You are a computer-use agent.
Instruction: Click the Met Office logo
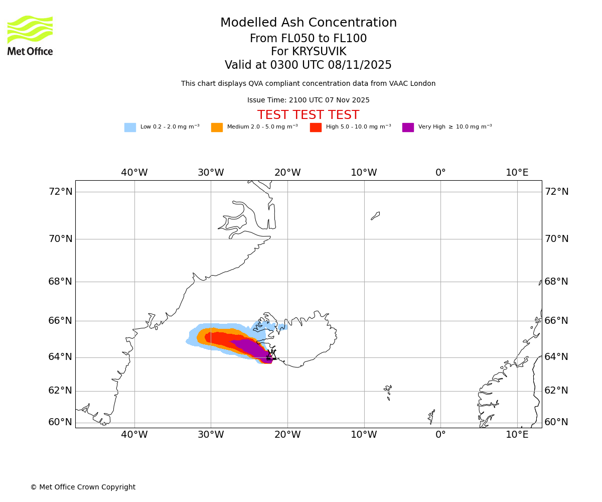pos(30,35)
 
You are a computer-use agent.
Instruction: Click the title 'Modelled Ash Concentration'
pos(308,23)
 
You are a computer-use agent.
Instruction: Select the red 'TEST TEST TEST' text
pos(308,115)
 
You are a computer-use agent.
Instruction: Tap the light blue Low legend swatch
pos(130,128)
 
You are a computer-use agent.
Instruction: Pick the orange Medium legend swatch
pos(217,128)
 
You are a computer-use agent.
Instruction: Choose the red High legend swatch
pos(316,128)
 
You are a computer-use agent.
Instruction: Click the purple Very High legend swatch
pos(408,128)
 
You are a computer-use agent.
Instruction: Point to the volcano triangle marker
pos(271,355)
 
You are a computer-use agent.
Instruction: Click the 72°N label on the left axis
pos(60,192)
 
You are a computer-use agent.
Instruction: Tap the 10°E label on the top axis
pos(517,173)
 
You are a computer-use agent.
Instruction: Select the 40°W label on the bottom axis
pos(134,435)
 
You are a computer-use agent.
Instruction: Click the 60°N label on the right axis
pos(556,422)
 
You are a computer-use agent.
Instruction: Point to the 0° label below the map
pos(440,435)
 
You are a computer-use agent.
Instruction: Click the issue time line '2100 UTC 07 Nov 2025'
pos(308,100)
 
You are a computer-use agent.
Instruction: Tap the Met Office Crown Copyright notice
pos(83,487)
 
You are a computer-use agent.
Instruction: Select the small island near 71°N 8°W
pos(375,216)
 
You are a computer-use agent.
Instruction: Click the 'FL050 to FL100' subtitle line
pos(308,39)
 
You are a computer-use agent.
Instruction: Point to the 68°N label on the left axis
pos(60,282)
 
